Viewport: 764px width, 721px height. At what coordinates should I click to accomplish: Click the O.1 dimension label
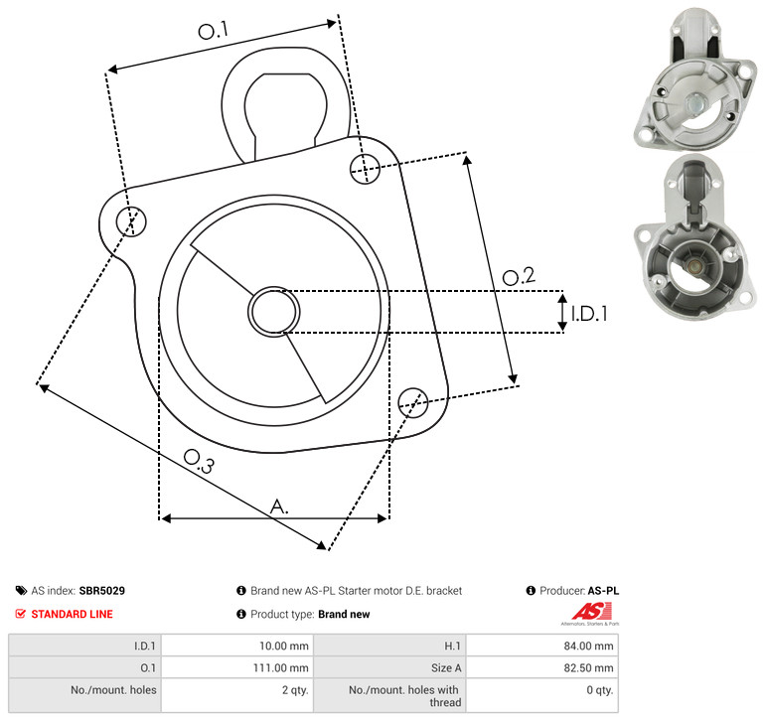tap(214, 30)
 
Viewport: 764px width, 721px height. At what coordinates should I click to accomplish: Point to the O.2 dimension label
tap(519, 276)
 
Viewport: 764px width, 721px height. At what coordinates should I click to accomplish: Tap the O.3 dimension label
tap(199, 462)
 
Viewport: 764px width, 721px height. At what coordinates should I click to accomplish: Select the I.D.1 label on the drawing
tap(589, 314)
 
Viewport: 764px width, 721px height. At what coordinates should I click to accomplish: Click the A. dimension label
tap(279, 506)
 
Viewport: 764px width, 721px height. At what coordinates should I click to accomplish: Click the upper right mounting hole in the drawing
tap(365, 169)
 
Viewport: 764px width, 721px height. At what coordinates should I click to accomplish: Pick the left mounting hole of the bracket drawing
tap(131, 221)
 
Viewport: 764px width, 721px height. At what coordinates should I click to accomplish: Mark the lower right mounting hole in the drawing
tap(413, 402)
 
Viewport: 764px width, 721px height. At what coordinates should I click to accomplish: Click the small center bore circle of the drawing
tap(274, 312)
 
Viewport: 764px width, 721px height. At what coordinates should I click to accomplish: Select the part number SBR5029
tap(102, 591)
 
